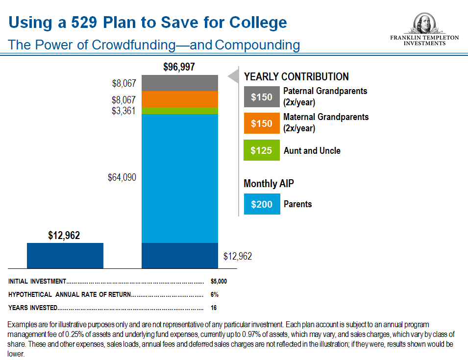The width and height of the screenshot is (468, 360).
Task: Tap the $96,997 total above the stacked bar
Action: pos(179,68)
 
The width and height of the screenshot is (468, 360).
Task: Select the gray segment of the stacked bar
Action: pos(179,83)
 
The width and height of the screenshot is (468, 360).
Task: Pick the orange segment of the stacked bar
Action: pos(179,99)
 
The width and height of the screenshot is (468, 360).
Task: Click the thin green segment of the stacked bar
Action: pos(179,111)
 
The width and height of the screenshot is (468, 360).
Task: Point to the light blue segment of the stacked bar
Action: pos(179,178)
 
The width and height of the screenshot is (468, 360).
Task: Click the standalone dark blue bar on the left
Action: pos(65,255)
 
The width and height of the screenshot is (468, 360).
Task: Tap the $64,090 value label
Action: pos(122,177)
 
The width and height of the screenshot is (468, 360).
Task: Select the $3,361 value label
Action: pos(123,111)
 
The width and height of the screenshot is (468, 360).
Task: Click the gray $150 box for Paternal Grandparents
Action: pos(262,96)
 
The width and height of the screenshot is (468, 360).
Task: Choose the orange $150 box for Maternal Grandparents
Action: pos(262,123)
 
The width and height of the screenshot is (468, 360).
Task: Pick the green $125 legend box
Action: pos(262,150)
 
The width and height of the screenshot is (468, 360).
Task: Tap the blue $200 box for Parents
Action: pos(262,204)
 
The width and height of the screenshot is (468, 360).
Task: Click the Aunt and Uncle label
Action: pos(312,151)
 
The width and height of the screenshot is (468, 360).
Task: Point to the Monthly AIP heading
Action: pos(269,184)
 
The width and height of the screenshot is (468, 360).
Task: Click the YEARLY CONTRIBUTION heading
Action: pos(296,77)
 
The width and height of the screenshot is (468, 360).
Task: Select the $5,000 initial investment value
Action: pos(219,282)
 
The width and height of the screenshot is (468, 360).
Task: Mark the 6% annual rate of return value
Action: pos(214,295)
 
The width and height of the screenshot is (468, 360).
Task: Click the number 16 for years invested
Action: pos(214,308)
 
